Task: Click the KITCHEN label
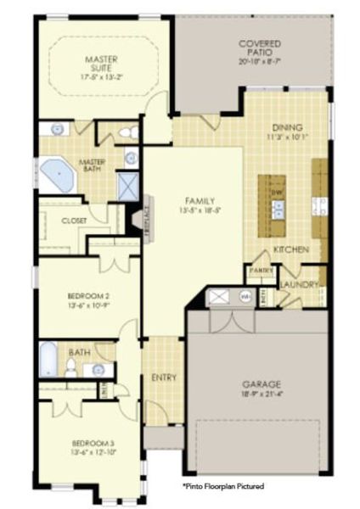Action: pyautogui.click(x=290, y=250)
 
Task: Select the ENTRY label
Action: pyautogui.click(x=163, y=376)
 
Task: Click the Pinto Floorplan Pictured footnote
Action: pyautogui.click(x=224, y=486)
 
